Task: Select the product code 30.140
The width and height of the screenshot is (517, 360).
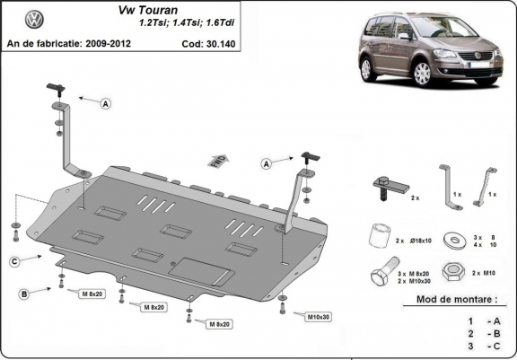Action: tap(237, 43)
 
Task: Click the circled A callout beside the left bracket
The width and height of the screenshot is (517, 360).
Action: tap(106, 104)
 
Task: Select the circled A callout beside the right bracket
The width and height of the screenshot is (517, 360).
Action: tap(267, 163)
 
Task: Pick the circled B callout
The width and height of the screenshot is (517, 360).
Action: tap(24, 294)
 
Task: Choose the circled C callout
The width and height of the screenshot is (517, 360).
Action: tap(15, 261)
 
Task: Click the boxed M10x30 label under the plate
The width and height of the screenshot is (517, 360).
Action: tap(318, 316)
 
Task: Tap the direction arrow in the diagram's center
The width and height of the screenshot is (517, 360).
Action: tap(216, 161)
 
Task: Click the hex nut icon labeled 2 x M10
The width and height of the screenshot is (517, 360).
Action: tap(456, 271)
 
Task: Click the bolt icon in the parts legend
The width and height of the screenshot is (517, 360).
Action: tap(378, 273)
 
